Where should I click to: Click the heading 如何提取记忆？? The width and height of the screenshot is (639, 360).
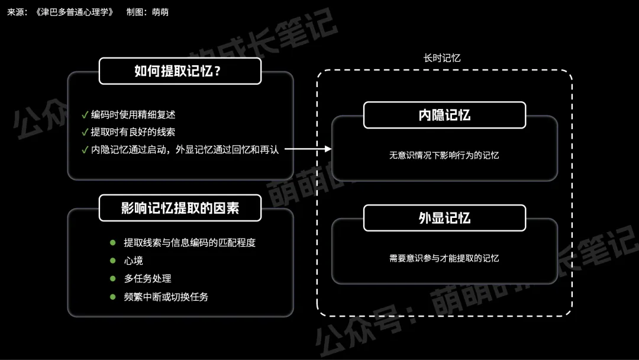tap(180, 71)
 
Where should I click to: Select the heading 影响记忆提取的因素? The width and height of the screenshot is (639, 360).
tap(180, 208)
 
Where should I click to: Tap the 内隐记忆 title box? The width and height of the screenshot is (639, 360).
tap(444, 115)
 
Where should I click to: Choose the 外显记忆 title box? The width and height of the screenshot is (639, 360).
tap(444, 218)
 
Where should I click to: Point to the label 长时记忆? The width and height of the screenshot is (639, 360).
tap(442, 58)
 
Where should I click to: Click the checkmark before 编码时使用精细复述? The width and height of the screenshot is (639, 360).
tap(85, 114)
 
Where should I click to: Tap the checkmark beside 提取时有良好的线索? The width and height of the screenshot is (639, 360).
tap(85, 132)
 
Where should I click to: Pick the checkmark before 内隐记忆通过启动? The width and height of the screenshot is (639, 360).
tap(85, 150)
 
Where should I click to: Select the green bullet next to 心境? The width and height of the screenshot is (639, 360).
tap(112, 261)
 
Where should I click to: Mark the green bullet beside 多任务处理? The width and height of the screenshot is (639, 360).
tap(112, 278)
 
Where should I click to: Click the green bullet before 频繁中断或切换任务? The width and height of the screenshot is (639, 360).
tap(112, 297)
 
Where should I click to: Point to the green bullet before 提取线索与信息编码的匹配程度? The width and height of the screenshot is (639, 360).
tap(112, 243)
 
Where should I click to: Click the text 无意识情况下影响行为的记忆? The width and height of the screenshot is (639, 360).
tap(444, 156)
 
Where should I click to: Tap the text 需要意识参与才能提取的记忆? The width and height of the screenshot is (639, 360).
tap(444, 258)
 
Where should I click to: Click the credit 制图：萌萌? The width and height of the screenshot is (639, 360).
tap(147, 12)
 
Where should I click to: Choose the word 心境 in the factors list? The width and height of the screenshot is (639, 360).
tap(133, 261)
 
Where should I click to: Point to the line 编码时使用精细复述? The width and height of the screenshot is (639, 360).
tap(133, 114)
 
